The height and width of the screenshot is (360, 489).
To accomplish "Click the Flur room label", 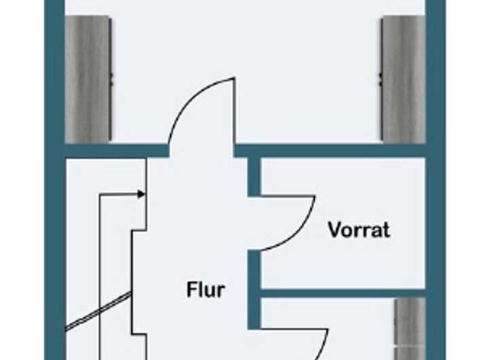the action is pos(206,290).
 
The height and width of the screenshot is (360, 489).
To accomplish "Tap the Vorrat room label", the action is pos(359,230).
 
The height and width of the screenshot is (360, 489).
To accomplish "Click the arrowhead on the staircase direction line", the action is pos(141,194).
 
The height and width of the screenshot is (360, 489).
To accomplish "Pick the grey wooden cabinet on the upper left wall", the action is pos(88,79).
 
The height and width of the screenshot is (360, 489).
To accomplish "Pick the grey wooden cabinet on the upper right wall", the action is pos(403,79).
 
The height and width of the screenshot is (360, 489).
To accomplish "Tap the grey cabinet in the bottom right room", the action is pos(410,329).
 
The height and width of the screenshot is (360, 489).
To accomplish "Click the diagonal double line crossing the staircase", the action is pos(98,310).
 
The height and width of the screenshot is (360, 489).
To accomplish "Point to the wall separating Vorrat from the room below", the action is pos(342,293).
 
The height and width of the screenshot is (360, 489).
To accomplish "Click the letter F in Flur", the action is pos(191,290).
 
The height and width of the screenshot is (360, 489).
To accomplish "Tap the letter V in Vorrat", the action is pos(336,230).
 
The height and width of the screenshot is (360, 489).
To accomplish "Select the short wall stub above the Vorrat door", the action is pos(254,177).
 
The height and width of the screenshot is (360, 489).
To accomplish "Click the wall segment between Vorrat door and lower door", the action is pos(254,289).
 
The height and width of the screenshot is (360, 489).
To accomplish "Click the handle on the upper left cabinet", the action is pos(111,79).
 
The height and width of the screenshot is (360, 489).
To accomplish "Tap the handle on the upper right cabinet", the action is pos(380,79).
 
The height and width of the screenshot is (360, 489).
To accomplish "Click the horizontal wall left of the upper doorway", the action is pos(117,151).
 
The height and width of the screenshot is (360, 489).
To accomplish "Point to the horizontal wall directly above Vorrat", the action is pos(330,151).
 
